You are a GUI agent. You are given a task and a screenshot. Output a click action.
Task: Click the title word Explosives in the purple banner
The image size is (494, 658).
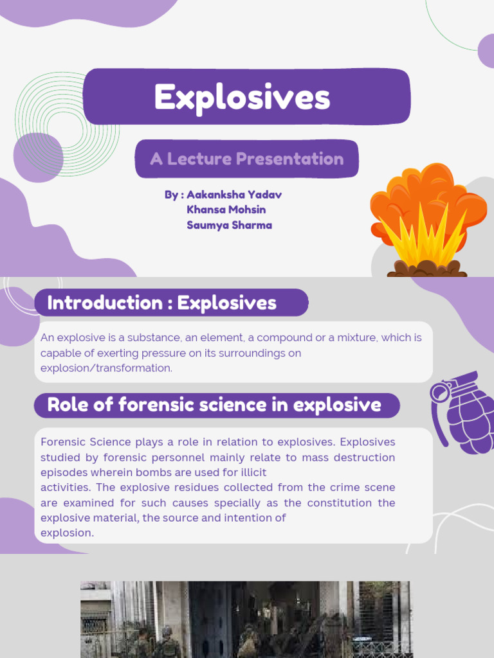[242, 98]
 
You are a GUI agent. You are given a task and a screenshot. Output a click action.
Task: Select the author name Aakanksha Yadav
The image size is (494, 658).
[233, 194]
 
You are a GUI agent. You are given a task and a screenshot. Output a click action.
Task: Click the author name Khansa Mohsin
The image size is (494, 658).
[226, 209]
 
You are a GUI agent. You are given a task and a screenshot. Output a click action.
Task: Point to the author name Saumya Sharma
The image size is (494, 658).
[229, 225]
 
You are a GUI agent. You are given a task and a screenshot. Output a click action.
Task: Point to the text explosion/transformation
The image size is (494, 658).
[106, 368]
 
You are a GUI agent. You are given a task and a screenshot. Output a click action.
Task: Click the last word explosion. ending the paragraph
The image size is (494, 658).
[67, 533]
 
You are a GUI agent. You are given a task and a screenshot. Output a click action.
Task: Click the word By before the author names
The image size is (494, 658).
[170, 194]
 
